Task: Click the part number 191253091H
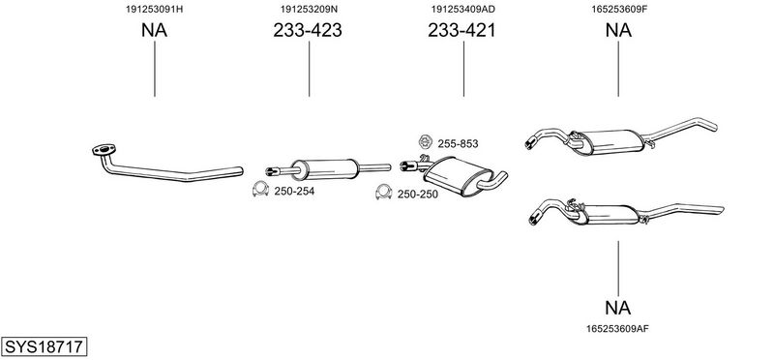point(155,10)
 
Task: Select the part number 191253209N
point(309,10)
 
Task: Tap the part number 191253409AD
point(463,10)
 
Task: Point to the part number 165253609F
point(618,10)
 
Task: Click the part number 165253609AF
point(617,328)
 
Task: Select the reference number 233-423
point(308,31)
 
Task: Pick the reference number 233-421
point(461,31)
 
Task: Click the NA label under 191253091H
point(155,31)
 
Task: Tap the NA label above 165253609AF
point(618,308)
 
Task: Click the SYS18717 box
point(44,346)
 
